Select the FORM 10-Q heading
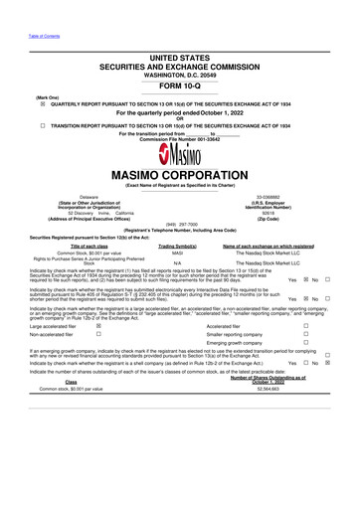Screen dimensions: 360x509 180,84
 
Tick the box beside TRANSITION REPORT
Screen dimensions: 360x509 15,126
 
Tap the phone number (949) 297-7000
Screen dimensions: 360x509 180,224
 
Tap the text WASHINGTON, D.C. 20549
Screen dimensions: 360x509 180,70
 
